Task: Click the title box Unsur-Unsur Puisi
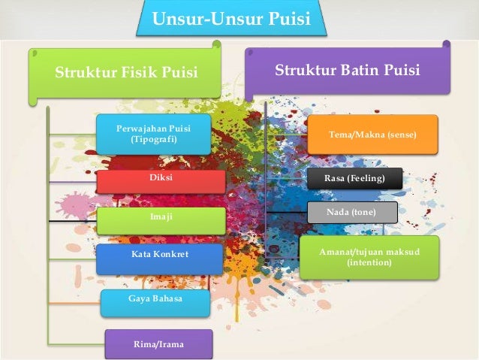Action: click(x=231, y=19)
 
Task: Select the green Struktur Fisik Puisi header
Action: click(x=126, y=73)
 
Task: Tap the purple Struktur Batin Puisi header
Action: click(x=348, y=71)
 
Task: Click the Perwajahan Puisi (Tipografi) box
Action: click(x=154, y=134)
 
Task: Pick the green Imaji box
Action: click(x=161, y=219)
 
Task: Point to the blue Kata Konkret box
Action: click(x=159, y=256)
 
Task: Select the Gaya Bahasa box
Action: click(x=155, y=300)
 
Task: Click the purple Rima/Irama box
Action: click(x=158, y=344)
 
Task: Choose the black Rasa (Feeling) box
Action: click(x=354, y=179)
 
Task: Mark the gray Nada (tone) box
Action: click(x=351, y=213)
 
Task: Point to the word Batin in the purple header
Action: click(x=363, y=71)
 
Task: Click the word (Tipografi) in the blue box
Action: click(x=154, y=140)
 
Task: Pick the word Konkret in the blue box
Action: click(x=172, y=256)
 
